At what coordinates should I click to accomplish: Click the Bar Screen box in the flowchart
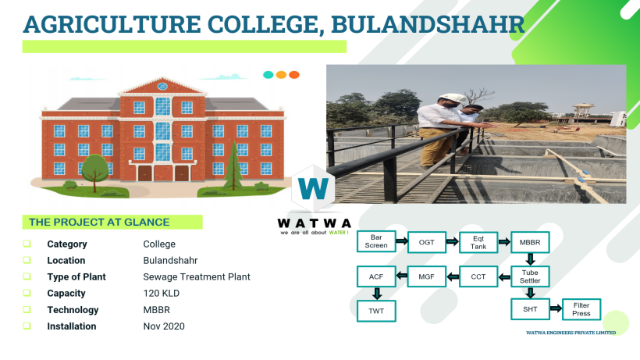376,241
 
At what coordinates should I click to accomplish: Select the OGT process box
426,242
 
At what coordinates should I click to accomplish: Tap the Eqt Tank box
478,242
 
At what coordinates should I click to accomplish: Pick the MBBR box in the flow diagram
530,242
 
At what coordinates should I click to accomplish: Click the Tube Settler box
530,276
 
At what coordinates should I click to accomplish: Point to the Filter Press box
581,309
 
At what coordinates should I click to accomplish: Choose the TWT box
376,311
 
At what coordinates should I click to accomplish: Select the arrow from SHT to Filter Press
556,308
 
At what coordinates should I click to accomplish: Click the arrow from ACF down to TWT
377,294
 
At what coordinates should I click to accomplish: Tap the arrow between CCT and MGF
453,276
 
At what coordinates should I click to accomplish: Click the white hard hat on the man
453,98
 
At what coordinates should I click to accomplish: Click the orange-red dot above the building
294,75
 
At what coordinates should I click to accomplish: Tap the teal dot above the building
268,75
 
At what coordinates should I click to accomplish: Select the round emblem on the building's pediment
162,86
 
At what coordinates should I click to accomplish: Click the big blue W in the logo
314,188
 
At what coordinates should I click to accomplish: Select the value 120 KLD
162,293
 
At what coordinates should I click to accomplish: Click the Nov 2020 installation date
164,326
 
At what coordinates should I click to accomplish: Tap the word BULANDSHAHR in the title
428,24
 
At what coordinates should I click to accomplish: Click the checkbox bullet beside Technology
27,309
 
